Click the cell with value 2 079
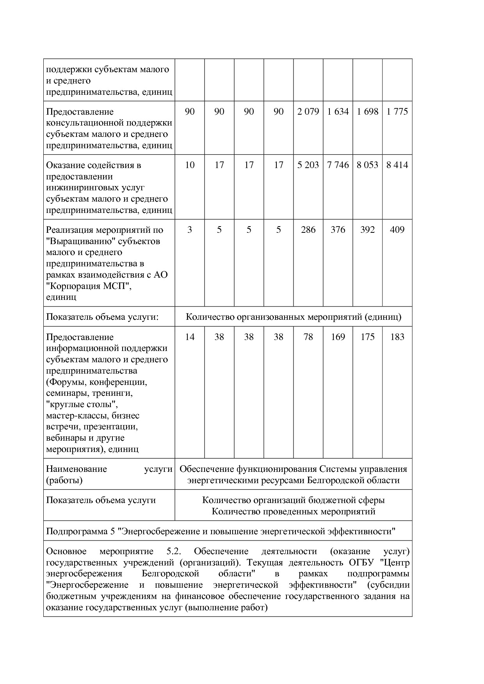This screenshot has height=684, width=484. click(x=308, y=112)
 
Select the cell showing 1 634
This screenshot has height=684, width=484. click(x=338, y=112)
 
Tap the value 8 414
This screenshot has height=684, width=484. click(x=397, y=165)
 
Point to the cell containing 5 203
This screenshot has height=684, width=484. click(x=308, y=165)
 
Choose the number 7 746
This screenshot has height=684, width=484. click(x=338, y=165)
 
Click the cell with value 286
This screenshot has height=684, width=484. click(x=308, y=230)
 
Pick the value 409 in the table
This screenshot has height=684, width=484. click(x=397, y=230)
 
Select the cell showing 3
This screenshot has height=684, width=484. click(x=190, y=230)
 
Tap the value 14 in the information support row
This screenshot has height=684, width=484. click(x=190, y=337)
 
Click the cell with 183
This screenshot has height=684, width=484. click(x=397, y=337)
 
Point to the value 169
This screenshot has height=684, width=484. click(x=338, y=337)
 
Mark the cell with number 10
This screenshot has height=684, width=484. click(x=190, y=165)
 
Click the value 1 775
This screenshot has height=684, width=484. click(x=397, y=112)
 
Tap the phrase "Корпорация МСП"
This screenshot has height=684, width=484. click(x=88, y=286)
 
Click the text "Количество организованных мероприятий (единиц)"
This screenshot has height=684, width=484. click(x=294, y=317)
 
